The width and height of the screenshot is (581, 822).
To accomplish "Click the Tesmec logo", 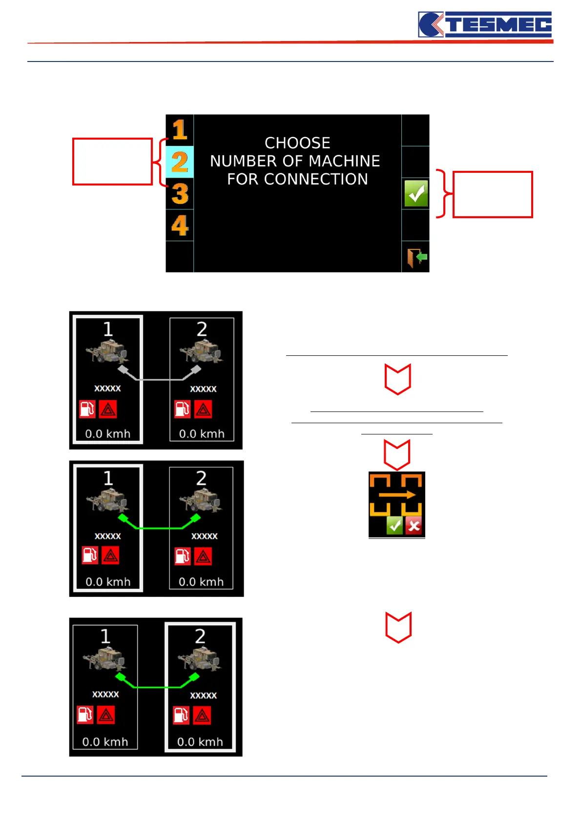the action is (485, 24).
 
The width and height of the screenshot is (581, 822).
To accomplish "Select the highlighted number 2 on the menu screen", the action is (180, 162).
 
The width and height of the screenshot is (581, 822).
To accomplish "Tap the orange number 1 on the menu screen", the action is (180, 130).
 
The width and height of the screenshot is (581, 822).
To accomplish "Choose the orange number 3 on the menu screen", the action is (180, 194).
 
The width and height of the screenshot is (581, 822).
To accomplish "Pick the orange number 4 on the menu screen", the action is (180, 226).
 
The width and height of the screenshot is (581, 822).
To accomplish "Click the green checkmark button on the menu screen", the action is (416, 194).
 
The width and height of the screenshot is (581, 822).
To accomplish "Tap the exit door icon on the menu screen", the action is (416, 257).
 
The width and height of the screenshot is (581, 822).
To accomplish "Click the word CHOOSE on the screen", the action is (297, 143).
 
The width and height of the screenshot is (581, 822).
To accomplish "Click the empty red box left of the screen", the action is (112, 162).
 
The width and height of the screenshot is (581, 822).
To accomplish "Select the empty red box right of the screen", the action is (492, 194).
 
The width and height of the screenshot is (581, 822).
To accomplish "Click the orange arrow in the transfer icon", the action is (396, 495).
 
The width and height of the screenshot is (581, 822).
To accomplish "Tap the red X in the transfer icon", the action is (414, 527).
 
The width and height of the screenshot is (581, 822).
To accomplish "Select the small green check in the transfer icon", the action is (394, 526).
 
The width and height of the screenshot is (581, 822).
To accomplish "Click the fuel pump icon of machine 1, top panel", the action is (87, 409).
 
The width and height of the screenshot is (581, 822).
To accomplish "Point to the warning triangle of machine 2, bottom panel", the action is (202, 716).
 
